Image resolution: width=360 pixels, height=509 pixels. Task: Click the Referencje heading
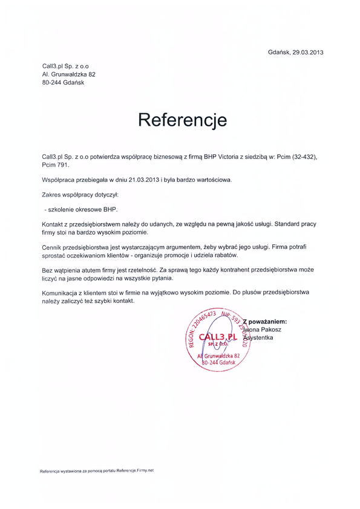(x=182, y=120)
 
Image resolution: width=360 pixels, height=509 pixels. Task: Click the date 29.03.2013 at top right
(x=307, y=52)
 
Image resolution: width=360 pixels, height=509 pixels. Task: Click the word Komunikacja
(x=61, y=293)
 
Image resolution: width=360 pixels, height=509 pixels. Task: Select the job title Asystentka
(x=258, y=338)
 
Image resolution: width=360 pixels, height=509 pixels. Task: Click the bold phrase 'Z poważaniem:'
(x=264, y=322)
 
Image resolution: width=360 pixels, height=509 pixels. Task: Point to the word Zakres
(x=53, y=195)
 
